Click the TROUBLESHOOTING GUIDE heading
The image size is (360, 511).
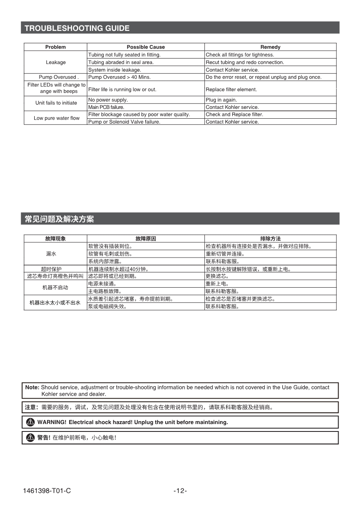point(77,28)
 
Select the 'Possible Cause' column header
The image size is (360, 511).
point(145,47)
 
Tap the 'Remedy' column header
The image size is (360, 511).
point(270,47)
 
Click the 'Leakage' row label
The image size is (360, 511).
point(56,62)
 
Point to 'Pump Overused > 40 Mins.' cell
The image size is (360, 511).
point(119,77)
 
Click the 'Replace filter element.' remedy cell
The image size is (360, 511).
point(231,89)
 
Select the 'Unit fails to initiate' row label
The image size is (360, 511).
point(56,103)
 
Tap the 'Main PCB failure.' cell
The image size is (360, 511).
point(106,107)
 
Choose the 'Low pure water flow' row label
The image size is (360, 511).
point(56,118)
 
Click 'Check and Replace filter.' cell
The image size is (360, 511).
point(234,115)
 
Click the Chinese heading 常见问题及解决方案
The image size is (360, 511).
point(59,219)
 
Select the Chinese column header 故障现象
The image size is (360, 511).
point(55,239)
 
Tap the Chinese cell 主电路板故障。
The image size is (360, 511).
point(105,291)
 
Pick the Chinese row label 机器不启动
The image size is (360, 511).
point(55,287)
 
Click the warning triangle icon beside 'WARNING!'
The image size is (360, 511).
point(30,422)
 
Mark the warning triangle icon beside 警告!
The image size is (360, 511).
point(30,438)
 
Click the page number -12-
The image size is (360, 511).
point(180,491)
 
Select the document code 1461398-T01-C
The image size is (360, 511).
point(47,491)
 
